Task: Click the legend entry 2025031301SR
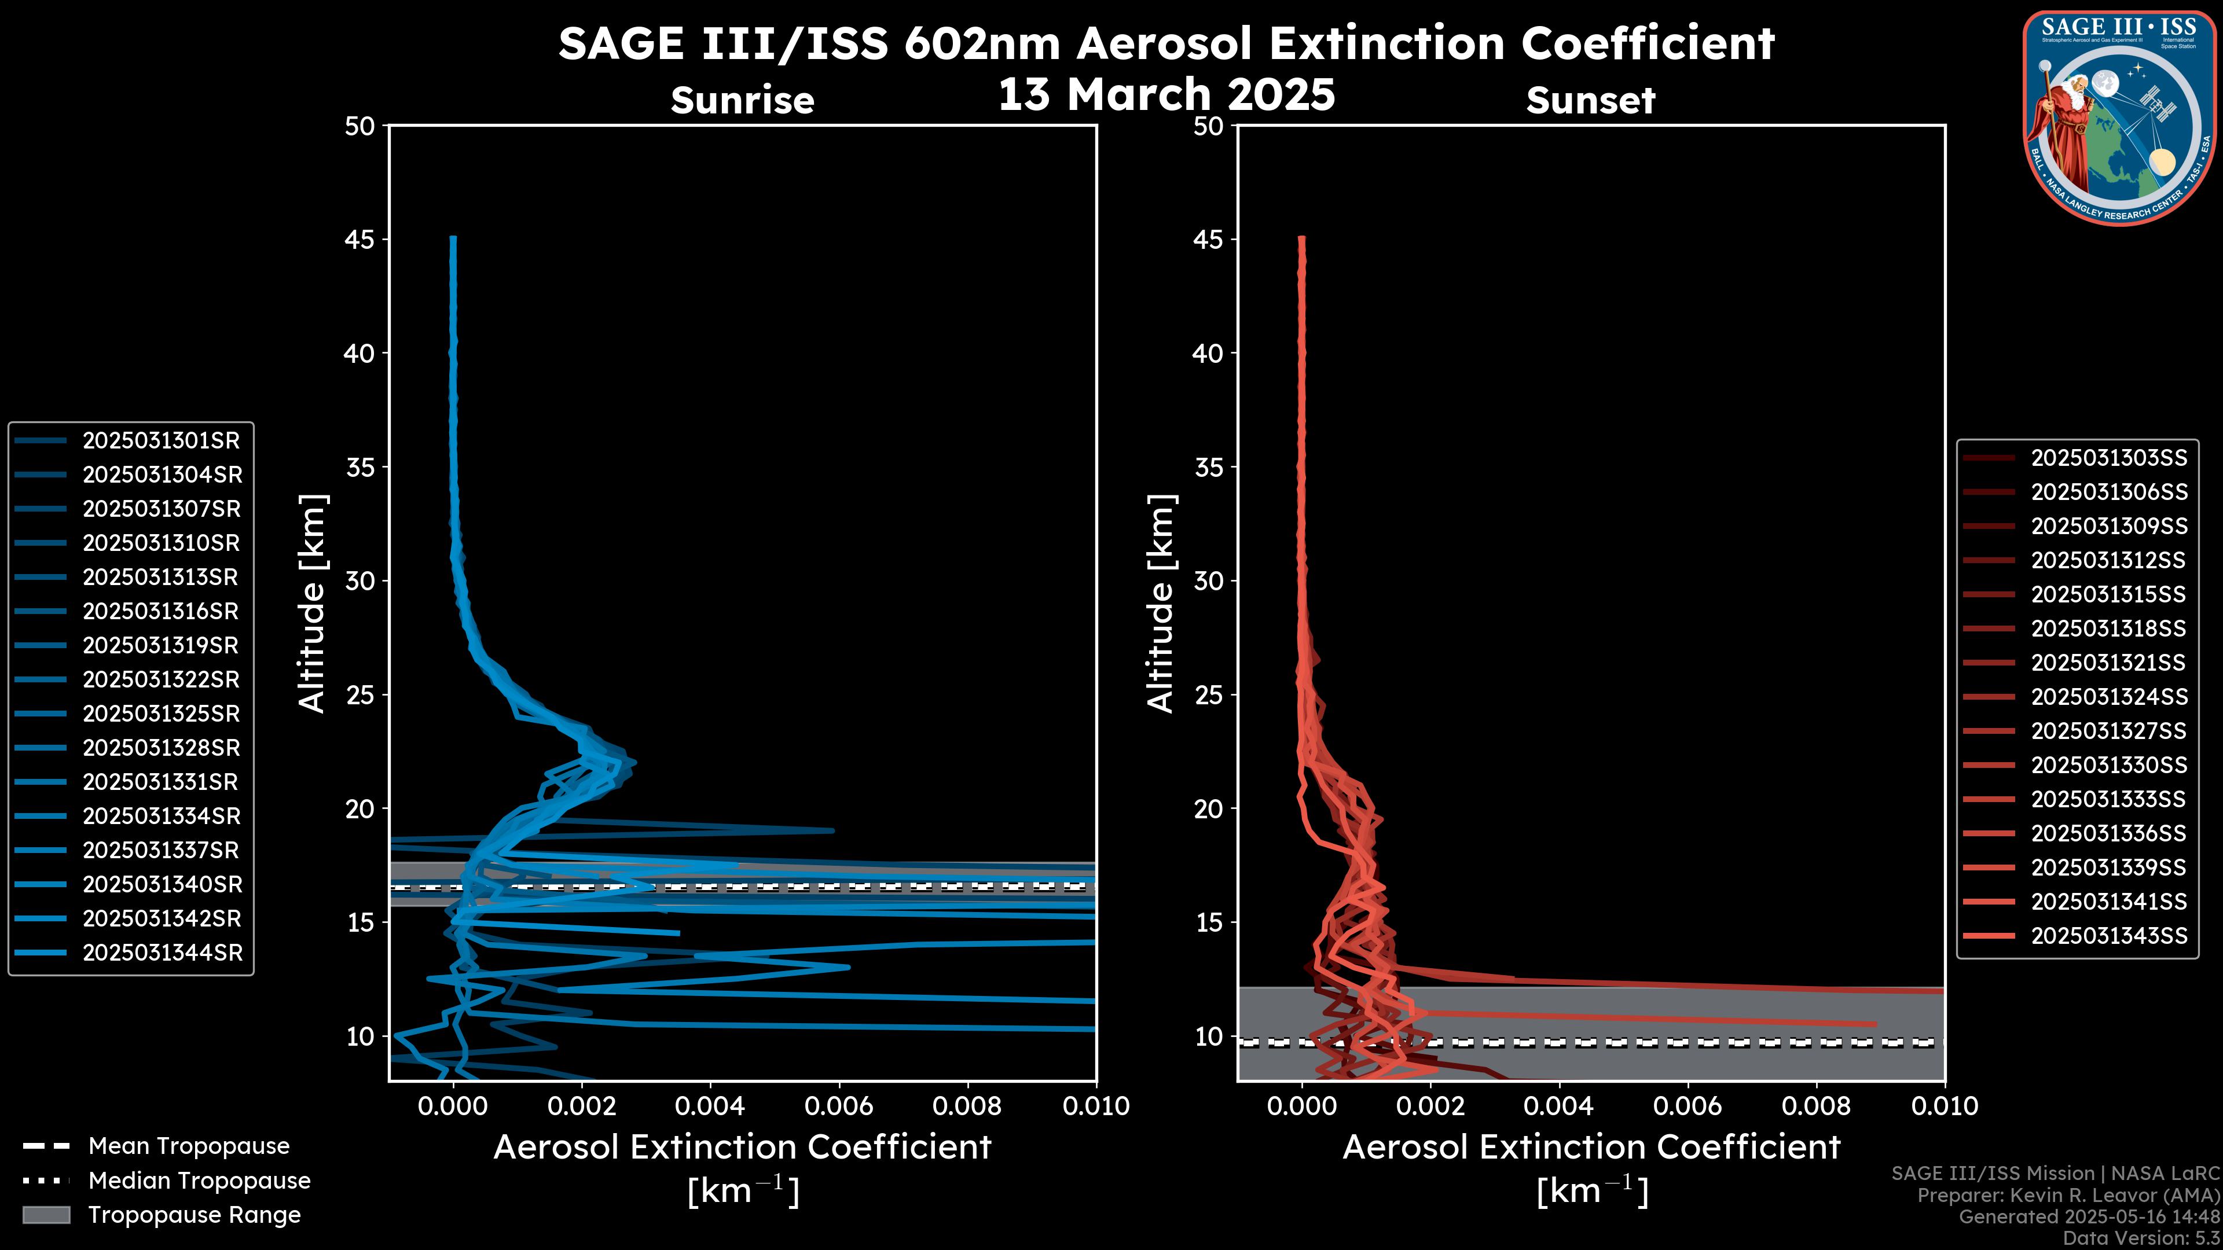point(160,441)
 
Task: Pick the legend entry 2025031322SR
point(160,680)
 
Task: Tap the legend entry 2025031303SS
point(2109,458)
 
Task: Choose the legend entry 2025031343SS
point(2109,936)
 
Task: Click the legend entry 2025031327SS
point(2109,731)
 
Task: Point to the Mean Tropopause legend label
point(188,1146)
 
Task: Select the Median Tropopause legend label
point(199,1181)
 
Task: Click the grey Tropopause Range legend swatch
point(46,1215)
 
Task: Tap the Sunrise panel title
point(742,101)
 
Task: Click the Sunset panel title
point(1590,101)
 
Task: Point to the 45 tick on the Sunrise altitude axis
point(361,240)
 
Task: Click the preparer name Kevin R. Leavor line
point(2068,1196)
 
